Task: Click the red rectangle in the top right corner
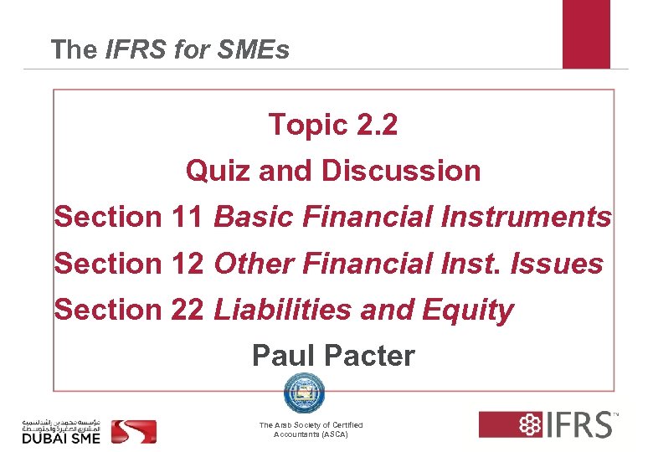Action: pos(586,33)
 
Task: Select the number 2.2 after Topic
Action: pos(377,125)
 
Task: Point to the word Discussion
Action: pos(401,171)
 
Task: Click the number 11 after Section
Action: pos(185,217)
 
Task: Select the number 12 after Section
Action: pos(185,264)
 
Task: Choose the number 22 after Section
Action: pos(185,310)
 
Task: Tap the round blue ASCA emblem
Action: pos(301,393)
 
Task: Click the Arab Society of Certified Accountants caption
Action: pos(311,430)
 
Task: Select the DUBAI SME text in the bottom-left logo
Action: pos(60,436)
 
